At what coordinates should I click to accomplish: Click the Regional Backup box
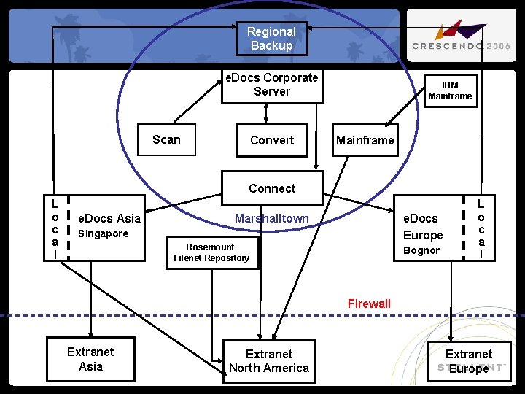point(271,39)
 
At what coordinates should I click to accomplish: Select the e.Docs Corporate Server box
point(271,85)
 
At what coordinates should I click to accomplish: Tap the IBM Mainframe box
point(450,91)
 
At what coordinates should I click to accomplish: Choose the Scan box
point(167,140)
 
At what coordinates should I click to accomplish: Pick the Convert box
point(271,140)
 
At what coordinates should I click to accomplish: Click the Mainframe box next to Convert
point(365,140)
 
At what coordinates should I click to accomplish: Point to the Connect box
point(271,188)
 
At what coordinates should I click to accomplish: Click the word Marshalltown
point(271,218)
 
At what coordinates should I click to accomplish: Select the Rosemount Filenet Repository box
point(211,252)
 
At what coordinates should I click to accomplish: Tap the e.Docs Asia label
point(109,218)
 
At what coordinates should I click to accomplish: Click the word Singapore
point(103,233)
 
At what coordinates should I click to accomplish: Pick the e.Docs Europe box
point(423,227)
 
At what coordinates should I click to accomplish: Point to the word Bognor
point(421,250)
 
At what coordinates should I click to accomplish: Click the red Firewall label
point(369,304)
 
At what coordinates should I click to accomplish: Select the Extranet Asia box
point(90,359)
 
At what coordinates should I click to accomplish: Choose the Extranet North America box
point(269,361)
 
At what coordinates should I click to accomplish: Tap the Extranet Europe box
point(468,361)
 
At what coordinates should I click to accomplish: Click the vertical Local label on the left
point(55,227)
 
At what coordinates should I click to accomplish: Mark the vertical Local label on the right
point(481,227)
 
